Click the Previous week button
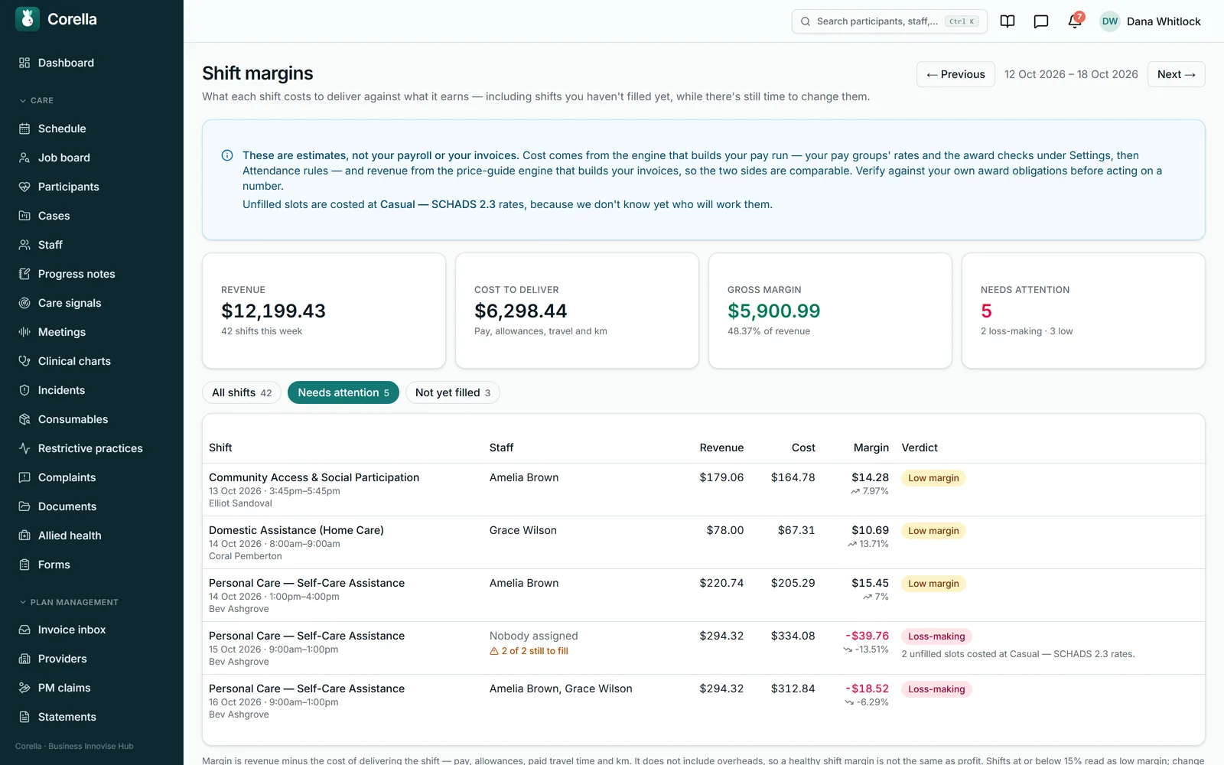click(x=955, y=74)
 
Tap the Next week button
click(x=1176, y=74)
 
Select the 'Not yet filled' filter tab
click(x=452, y=392)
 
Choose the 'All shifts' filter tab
click(x=242, y=392)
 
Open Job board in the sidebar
click(x=64, y=158)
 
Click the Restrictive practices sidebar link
click(x=90, y=448)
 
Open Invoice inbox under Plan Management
click(x=72, y=630)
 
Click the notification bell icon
click(x=1074, y=21)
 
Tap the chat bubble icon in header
click(x=1041, y=21)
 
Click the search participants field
click(x=889, y=21)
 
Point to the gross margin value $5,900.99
click(x=773, y=311)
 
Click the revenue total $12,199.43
click(x=273, y=311)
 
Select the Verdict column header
click(x=919, y=448)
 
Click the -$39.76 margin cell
click(x=868, y=636)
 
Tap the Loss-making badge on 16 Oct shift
click(x=936, y=689)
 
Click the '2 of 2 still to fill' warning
click(x=529, y=651)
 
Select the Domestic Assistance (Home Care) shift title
click(x=296, y=530)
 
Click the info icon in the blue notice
click(x=227, y=156)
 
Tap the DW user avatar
click(x=1110, y=21)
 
